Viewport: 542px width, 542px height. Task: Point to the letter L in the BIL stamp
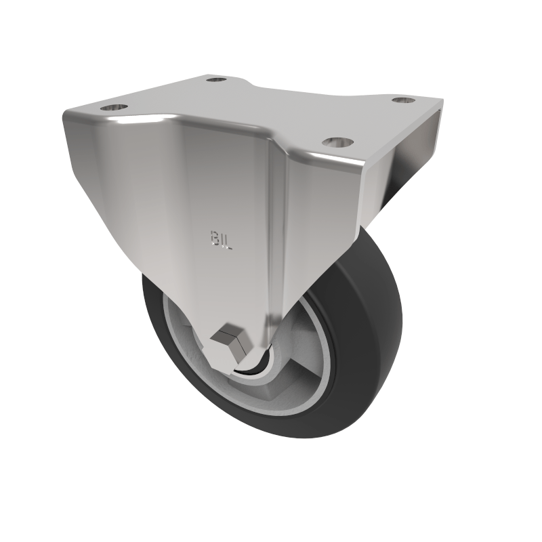point(229,241)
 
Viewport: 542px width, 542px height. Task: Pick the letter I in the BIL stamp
point(222,239)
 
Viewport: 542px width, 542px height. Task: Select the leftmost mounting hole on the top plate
point(113,107)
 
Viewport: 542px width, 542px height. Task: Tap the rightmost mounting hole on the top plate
point(403,100)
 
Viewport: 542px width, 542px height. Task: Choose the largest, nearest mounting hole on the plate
point(337,142)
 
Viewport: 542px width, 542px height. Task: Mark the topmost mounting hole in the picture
point(216,79)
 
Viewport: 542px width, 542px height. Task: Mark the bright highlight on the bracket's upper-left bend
point(129,122)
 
